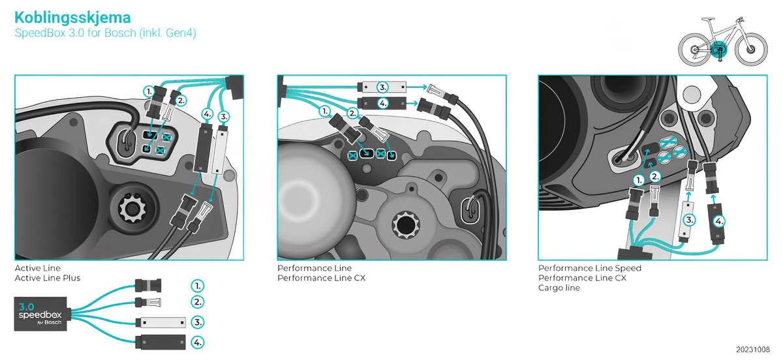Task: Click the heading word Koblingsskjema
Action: [x=72, y=17]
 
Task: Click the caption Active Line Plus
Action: [x=48, y=278]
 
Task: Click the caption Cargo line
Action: [x=559, y=288]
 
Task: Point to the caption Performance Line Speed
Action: [x=589, y=268]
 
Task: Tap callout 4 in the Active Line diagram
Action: [x=207, y=113]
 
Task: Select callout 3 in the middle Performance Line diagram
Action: [x=383, y=87]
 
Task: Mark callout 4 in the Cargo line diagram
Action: [x=719, y=220]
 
